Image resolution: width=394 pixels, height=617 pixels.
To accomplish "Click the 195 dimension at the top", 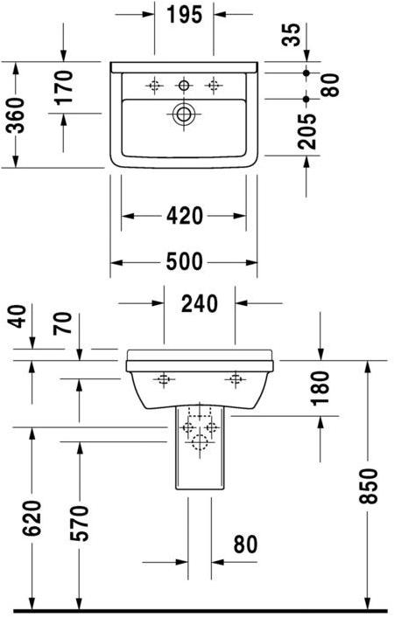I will (x=184, y=15).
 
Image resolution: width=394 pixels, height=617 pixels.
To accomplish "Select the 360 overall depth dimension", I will (x=16, y=114).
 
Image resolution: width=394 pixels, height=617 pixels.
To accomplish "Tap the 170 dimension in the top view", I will (x=63, y=87).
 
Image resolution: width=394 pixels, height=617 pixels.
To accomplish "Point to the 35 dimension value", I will (x=292, y=35).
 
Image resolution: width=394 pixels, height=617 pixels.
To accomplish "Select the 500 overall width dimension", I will (x=183, y=261).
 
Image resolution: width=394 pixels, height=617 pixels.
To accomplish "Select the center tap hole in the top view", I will (x=184, y=85).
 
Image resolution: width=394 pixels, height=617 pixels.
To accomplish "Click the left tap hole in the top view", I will (x=155, y=85).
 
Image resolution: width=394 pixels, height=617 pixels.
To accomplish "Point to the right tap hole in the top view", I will (x=213, y=85).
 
